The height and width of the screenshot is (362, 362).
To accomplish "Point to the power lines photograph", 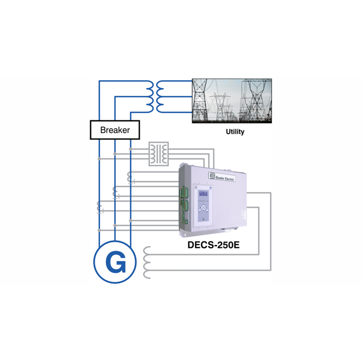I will tap(231, 101).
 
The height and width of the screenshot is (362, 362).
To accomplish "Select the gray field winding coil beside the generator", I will tap(147, 262).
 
